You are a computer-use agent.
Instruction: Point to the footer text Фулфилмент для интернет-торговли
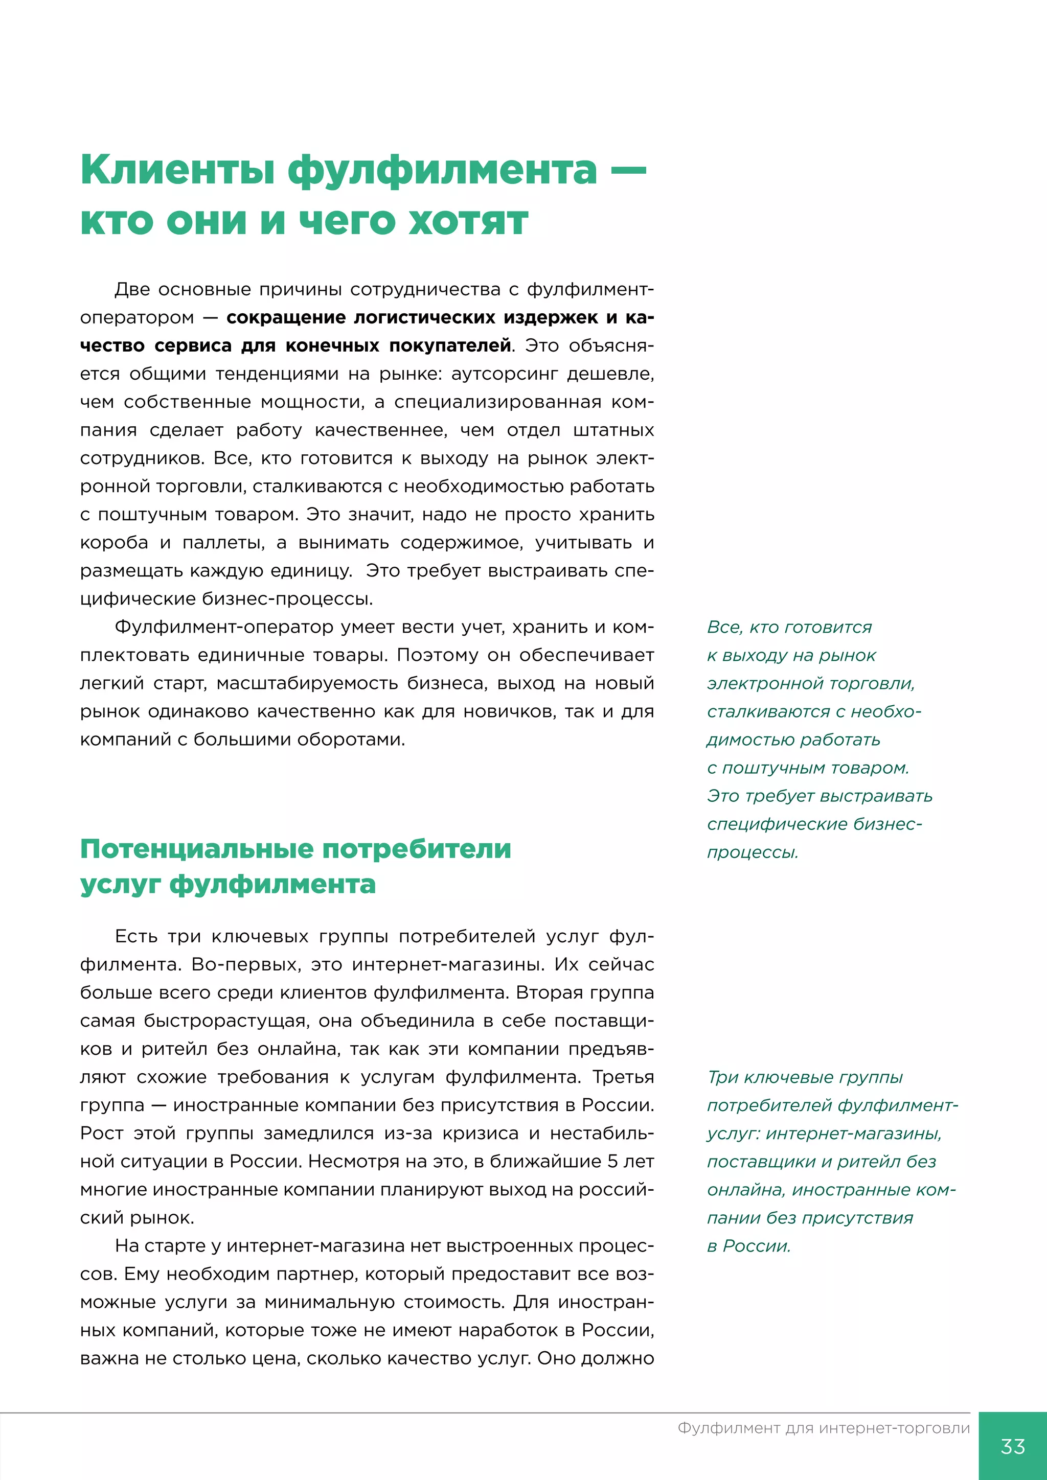coord(823,1428)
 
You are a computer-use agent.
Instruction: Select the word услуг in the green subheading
coord(119,885)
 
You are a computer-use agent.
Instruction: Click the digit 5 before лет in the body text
coord(613,1162)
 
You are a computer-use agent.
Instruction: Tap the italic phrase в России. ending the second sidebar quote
coord(748,1246)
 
